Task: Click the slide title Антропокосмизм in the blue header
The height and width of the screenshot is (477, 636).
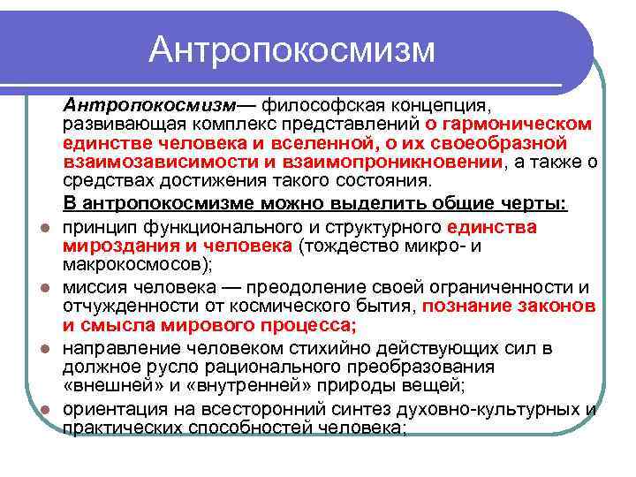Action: tap(291, 49)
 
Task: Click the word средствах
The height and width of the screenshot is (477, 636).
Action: tap(104, 181)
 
